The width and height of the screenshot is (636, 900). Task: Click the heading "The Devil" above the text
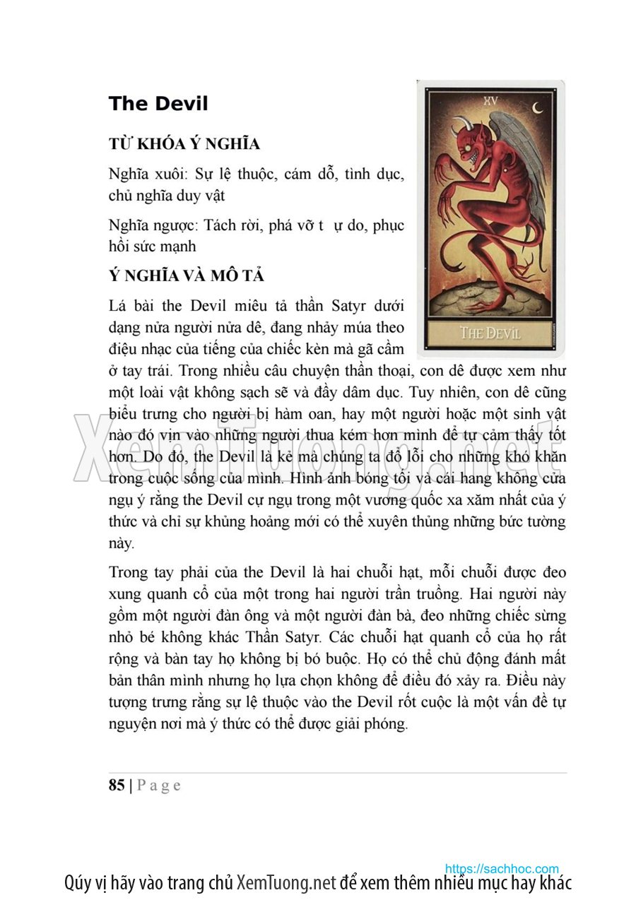(158, 104)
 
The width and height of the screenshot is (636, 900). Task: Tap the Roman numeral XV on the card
(490, 100)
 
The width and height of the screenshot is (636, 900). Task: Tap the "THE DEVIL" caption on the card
(490, 333)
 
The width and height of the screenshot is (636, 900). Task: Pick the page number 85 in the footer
(117, 786)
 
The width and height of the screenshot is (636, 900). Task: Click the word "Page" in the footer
(158, 786)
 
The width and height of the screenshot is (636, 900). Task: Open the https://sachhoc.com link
(502, 868)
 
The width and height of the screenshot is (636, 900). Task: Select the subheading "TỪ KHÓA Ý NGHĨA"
(184, 144)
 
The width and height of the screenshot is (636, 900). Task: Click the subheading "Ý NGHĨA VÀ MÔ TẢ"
(187, 275)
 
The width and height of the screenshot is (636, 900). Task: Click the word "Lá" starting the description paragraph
(117, 306)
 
